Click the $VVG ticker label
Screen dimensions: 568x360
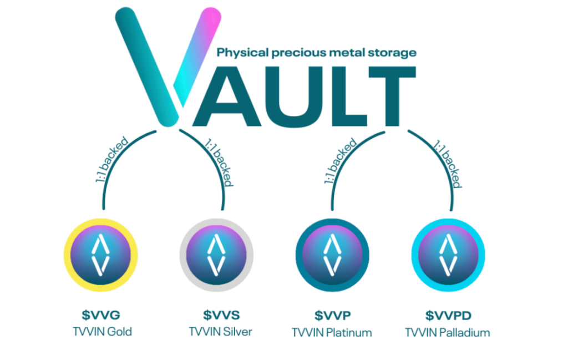point(101,315)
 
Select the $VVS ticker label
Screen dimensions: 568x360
point(221,315)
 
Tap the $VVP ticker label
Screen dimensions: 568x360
point(333,316)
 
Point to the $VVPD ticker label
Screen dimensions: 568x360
point(448,316)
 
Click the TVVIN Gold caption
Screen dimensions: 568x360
point(102,332)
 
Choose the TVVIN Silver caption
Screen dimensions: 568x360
point(220,332)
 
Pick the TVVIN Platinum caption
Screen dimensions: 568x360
point(332,332)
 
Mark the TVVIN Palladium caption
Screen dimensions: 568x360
point(448,332)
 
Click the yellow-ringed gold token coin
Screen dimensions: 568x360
point(101,255)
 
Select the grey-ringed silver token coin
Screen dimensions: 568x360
point(217,255)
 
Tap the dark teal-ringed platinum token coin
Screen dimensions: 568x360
point(333,255)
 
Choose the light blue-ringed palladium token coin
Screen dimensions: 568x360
point(448,255)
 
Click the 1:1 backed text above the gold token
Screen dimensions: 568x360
point(112,159)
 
